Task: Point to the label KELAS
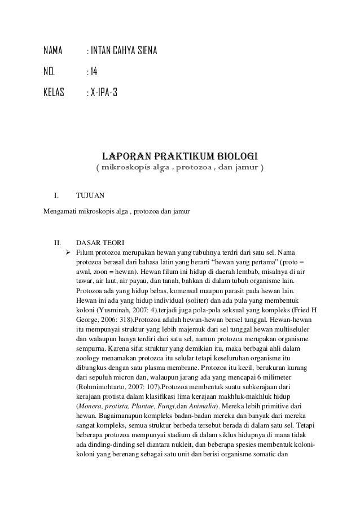click(x=55, y=91)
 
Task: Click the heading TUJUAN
click(x=90, y=196)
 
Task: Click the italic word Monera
click(x=90, y=405)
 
